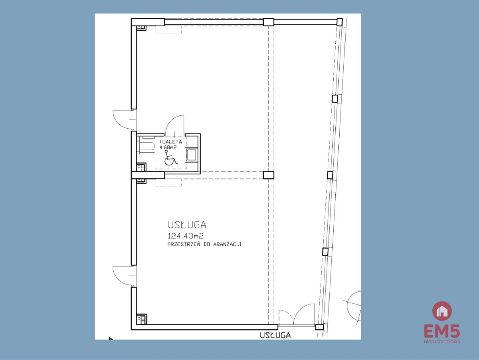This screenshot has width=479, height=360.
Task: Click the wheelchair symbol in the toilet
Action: click(171, 158)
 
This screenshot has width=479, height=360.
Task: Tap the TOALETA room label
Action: click(170, 142)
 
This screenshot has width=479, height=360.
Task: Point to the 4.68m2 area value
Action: click(168, 147)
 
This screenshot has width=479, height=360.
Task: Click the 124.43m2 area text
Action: click(185, 236)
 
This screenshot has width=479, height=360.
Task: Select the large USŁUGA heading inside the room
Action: click(186, 225)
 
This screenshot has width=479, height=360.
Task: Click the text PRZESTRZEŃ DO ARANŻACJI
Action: click(204, 244)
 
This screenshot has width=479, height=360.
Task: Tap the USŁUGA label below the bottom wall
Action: click(275, 335)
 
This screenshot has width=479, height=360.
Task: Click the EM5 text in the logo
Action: click(442, 331)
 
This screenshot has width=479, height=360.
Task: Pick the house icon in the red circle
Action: click(442, 311)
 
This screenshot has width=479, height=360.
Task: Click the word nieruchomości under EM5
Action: click(442, 341)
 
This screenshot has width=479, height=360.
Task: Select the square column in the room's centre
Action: click(268, 175)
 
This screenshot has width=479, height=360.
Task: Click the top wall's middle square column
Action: click(268, 22)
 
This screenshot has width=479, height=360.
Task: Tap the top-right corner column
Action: click(340, 22)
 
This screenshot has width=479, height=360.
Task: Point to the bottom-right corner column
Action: click(319, 327)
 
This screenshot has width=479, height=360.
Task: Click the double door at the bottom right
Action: click(297, 315)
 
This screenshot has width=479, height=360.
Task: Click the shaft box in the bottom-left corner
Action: click(142, 319)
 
